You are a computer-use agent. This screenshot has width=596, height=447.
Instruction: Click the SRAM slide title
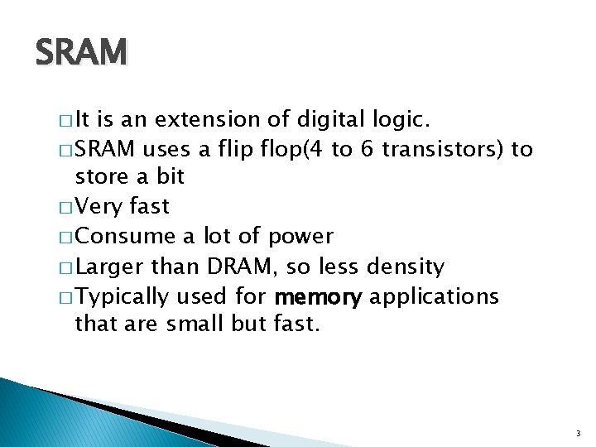(x=82, y=54)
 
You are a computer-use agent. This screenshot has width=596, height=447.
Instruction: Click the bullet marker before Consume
(x=68, y=238)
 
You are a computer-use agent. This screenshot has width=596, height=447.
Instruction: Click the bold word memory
(x=318, y=296)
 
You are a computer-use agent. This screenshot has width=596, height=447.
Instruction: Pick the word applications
(x=434, y=296)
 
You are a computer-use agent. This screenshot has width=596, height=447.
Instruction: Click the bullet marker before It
(x=68, y=122)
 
